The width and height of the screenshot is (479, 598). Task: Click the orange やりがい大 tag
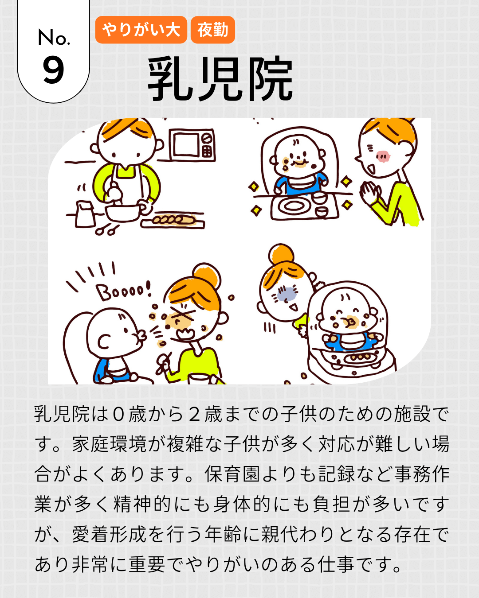(141, 30)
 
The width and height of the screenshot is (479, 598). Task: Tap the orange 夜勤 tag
(213, 30)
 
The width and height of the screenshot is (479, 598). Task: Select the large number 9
(53, 70)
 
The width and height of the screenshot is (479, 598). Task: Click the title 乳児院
(220, 79)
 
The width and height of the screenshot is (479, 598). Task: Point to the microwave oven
(192, 145)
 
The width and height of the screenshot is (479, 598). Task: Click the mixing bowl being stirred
(123, 213)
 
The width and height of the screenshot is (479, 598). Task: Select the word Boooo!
(124, 291)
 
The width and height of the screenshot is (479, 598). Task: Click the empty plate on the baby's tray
(293, 206)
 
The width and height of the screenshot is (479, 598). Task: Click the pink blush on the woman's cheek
(383, 157)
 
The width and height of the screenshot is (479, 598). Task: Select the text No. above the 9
(53, 37)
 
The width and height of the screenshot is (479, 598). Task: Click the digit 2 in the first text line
(194, 414)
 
